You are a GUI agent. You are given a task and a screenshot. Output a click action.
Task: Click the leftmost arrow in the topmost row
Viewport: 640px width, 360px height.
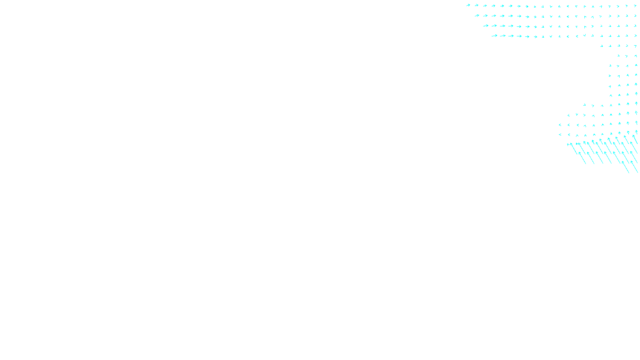click(x=468, y=5)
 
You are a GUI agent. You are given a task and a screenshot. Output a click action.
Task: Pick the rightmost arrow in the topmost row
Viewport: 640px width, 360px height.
click(x=635, y=6)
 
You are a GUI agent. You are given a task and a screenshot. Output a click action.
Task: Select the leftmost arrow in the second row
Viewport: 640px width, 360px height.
click(x=477, y=16)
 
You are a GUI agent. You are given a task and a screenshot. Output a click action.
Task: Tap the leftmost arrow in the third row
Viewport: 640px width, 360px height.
click(x=486, y=26)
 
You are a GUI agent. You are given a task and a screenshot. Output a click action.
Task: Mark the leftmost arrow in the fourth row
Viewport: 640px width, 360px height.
click(x=494, y=36)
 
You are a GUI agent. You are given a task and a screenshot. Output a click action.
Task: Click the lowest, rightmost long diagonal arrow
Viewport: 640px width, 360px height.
click(x=634, y=167)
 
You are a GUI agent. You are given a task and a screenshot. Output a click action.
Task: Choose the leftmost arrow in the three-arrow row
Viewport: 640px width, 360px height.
click(x=618, y=56)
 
